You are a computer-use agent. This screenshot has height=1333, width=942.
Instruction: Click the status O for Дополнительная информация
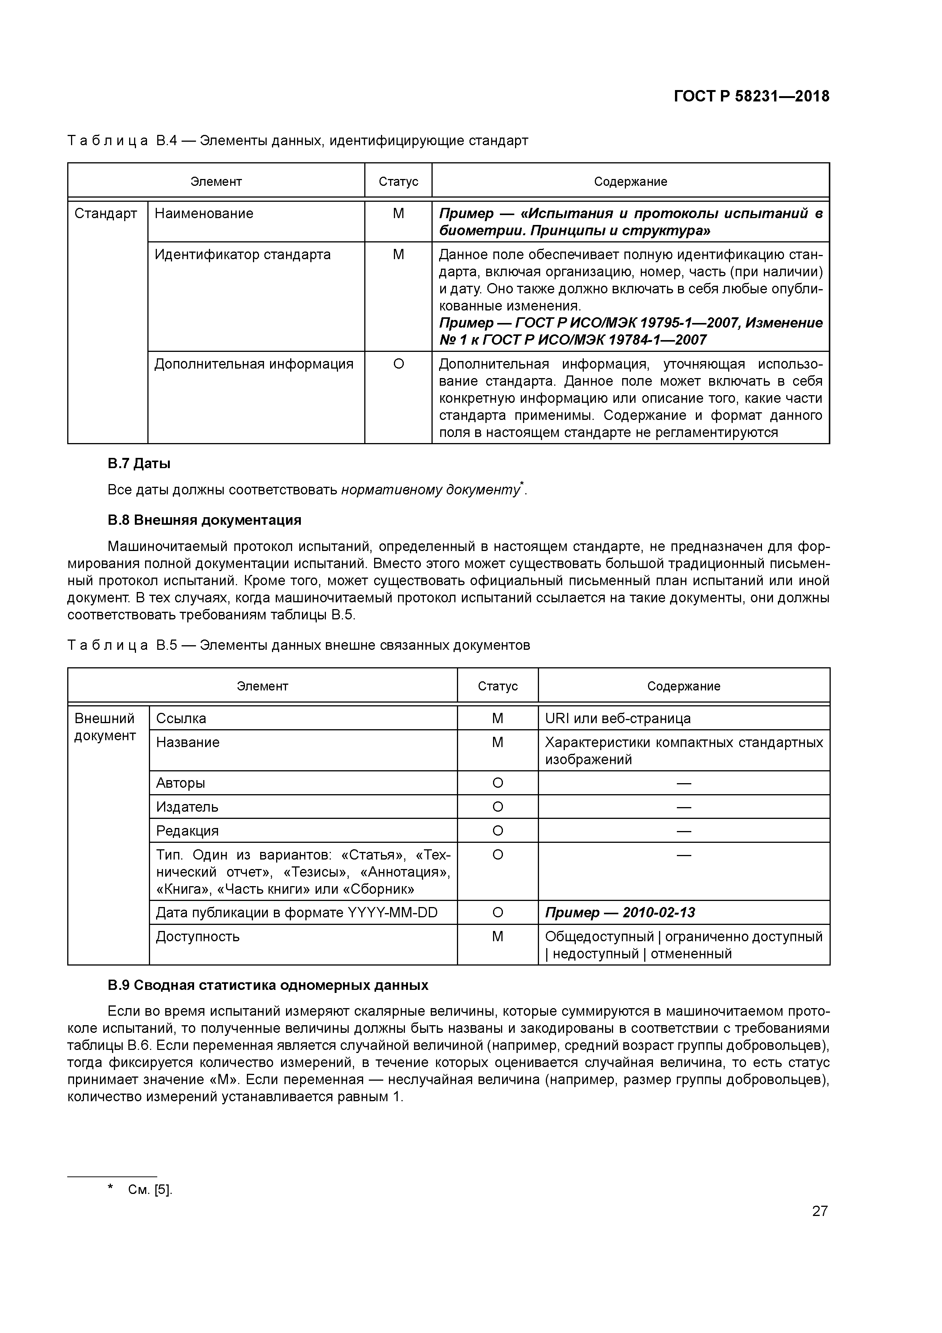point(398,364)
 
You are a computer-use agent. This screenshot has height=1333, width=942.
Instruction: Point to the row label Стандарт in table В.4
point(106,214)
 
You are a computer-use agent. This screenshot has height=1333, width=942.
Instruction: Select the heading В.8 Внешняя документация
point(204,519)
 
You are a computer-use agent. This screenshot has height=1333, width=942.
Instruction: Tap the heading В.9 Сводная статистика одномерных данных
point(267,985)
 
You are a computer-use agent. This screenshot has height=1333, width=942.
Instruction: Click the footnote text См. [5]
point(150,1190)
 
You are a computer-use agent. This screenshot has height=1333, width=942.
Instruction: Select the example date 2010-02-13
point(658,913)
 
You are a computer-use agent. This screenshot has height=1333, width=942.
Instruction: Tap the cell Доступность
point(198,936)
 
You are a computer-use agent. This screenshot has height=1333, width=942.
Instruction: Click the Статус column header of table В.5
point(498,686)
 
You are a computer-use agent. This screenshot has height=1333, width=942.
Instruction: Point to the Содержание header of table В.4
point(630,182)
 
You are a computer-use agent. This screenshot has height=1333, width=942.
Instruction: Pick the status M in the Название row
point(498,742)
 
